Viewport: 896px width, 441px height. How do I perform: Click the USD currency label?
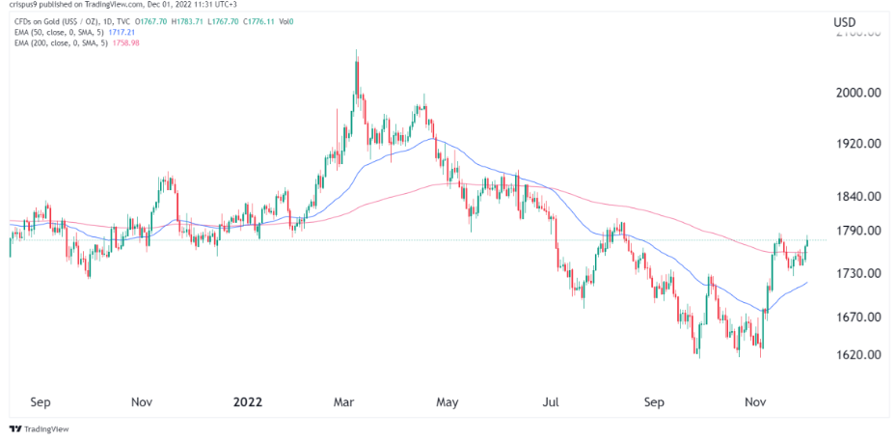(x=846, y=22)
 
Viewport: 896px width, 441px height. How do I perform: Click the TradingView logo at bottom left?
(x=34, y=428)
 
